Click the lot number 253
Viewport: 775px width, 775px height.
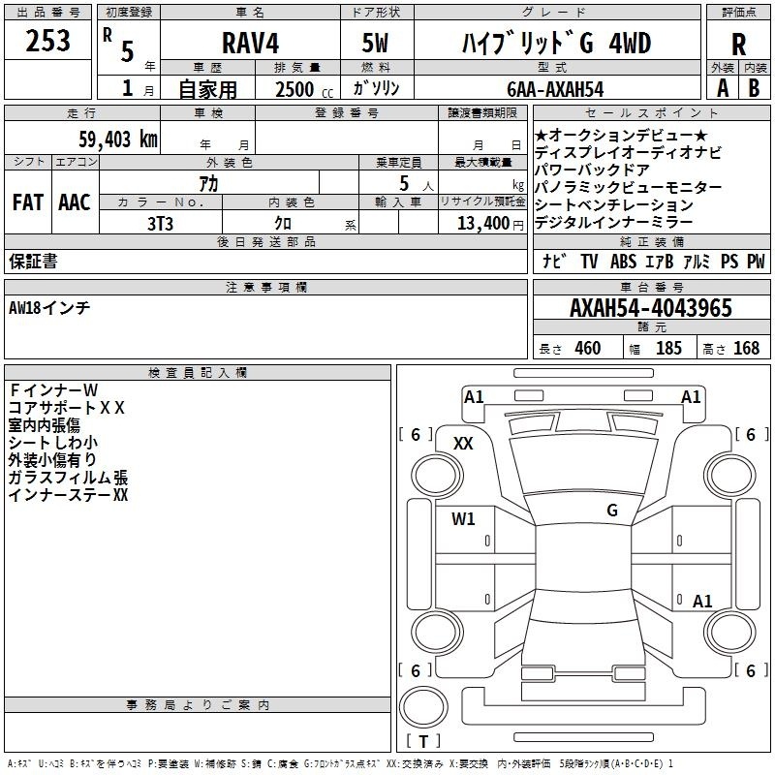(x=47, y=41)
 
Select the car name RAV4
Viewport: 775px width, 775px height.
(x=250, y=44)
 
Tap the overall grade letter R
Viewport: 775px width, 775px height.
(x=738, y=45)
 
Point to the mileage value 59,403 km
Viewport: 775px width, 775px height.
(x=118, y=139)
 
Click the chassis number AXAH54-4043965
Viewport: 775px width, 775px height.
(x=651, y=308)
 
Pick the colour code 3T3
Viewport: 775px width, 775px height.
(x=160, y=224)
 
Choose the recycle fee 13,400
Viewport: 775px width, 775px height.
(x=483, y=224)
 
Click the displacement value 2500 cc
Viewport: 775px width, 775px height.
(x=304, y=89)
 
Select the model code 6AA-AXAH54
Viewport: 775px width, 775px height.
(x=555, y=89)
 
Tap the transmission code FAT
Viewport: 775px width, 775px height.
(x=28, y=202)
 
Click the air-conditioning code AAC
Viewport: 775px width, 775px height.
(x=75, y=202)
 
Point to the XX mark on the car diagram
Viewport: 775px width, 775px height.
(x=463, y=444)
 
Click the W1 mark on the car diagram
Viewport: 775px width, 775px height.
(x=463, y=519)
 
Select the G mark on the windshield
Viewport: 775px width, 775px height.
(x=612, y=511)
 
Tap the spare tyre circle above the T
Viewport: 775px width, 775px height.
(x=423, y=707)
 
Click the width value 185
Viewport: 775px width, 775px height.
(x=668, y=348)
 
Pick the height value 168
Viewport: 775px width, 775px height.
(x=746, y=348)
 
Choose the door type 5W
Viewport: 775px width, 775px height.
(x=375, y=44)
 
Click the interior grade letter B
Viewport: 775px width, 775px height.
(x=754, y=88)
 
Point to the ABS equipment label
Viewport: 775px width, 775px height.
(x=623, y=262)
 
